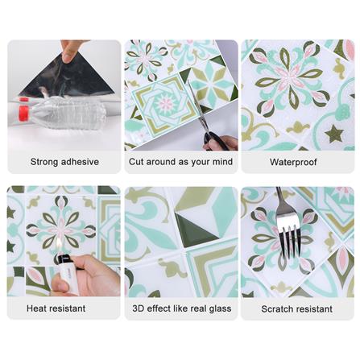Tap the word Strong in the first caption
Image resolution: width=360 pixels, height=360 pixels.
pyautogui.click(x=44, y=162)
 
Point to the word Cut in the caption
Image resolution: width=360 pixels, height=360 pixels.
pyautogui.click(x=136, y=162)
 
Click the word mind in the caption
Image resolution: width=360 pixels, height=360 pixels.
pyautogui.click(x=222, y=162)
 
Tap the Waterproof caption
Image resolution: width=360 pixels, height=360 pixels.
pyautogui.click(x=293, y=162)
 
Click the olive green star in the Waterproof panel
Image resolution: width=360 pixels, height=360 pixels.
pyautogui.click(x=334, y=134)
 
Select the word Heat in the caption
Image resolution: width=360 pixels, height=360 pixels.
pyautogui.click(x=36, y=308)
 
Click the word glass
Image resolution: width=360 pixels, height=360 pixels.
pyautogui.click(x=220, y=308)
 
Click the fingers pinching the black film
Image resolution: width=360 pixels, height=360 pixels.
pyautogui.click(x=70, y=51)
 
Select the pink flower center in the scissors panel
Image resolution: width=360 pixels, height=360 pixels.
pyautogui.click(x=166, y=104)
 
